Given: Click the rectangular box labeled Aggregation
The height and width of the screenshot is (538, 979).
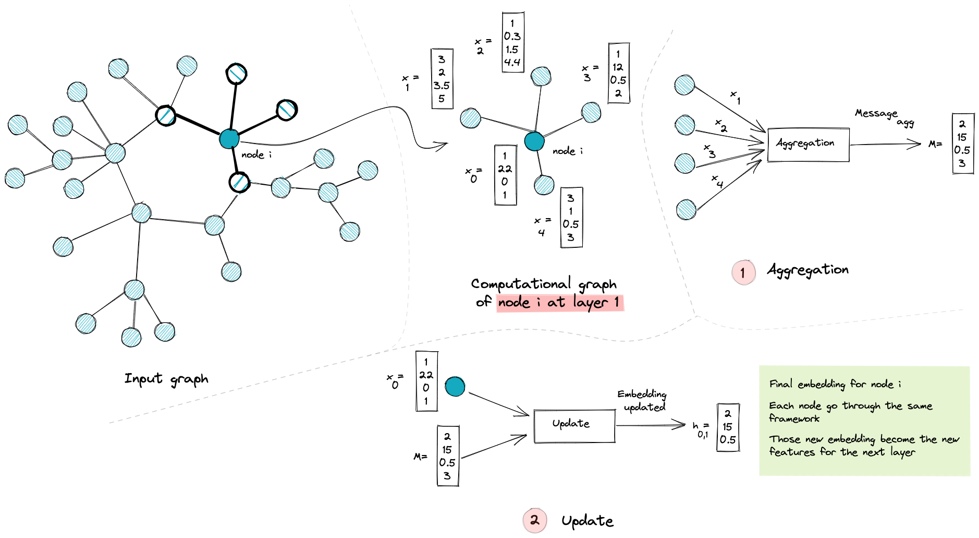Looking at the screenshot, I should [x=808, y=144].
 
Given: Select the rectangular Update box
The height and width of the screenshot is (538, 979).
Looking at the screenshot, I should [x=574, y=426].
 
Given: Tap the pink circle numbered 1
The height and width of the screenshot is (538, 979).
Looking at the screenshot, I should [x=743, y=272].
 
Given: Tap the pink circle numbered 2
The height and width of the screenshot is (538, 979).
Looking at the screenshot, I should [x=534, y=520].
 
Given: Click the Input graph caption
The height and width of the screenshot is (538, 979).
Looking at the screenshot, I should [x=166, y=379].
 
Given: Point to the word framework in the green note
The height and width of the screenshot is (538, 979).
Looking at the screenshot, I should [x=794, y=419].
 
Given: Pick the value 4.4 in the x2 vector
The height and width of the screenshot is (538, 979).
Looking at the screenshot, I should [x=512, y=63].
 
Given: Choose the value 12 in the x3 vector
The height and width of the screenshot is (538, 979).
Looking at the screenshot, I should [x=618, y=67].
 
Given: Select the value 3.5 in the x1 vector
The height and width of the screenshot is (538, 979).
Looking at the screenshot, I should [x=441, y=86].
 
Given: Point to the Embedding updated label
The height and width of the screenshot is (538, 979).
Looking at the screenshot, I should [x=643, y=400].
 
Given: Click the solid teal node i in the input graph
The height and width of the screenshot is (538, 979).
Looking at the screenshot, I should [x=229, y=139].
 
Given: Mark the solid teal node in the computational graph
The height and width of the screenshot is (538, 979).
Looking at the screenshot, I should [x=534, y=141].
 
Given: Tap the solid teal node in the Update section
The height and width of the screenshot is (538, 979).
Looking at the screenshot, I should [x=455, y=387].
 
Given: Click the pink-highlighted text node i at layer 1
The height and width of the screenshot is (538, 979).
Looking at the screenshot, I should [x=559, y=303].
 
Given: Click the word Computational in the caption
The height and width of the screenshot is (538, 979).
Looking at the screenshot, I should [x=521, y=284].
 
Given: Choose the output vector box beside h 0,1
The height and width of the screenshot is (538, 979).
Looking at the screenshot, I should [x=728, y=427].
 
